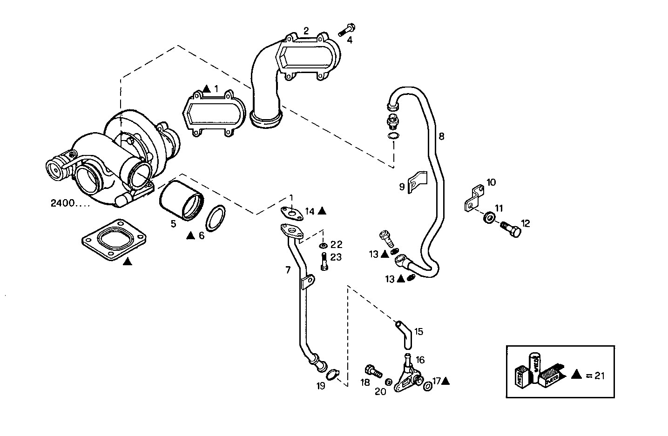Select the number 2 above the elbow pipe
(x=306, y=31)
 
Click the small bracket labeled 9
(x=417, y=182)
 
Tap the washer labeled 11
(x=489, y=217)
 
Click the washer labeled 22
(x=323, y=245)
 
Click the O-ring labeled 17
(x=427, y=386)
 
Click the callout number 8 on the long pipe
(x=441, y=136)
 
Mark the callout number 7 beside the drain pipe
(x=288, y=269)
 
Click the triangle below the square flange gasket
(x=127, y=262)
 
